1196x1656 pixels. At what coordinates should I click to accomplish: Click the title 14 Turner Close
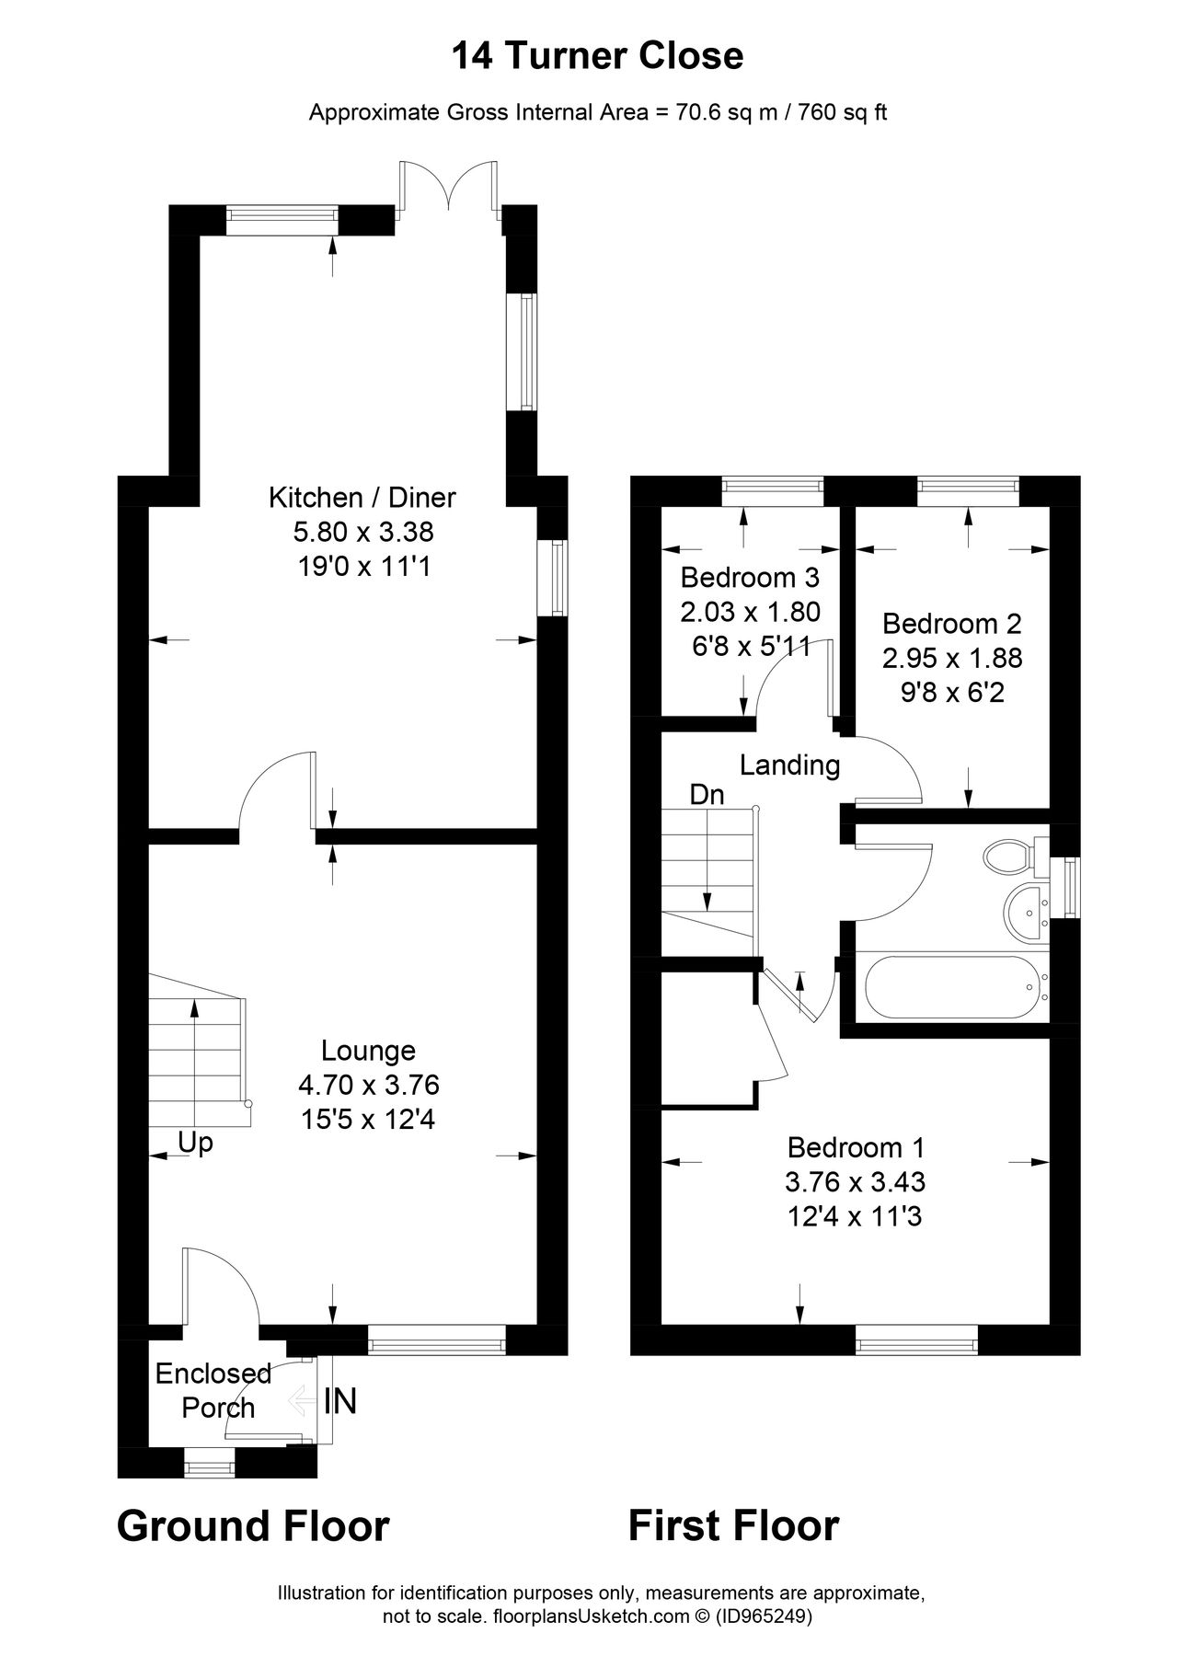pyautogui.click(x=597, y=57)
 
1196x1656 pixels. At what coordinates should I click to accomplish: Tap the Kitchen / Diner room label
pyautogui.click(x=362, y=498)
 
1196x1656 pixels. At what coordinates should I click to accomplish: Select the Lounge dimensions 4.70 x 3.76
pyautogui.click(x=368, y=1086)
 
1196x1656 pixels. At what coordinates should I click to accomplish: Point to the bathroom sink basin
pyautogui.click(x=1026, y=911)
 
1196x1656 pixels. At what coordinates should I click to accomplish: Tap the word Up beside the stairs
pyautogui.click(x=195, y=1143)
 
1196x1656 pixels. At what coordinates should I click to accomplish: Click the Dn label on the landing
pyautogui.click(x=707, y=795)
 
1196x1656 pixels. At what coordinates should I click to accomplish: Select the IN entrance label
pyautogui.click(x=339, y=1402)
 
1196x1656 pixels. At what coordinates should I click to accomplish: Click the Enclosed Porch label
pyautogui.click(x=213, y=1390)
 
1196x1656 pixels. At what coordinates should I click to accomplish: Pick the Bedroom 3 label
pyautogui.click(x=750, y=578)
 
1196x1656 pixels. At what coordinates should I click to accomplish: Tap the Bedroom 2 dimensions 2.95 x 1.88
pyautogui.click(x=952, y=658)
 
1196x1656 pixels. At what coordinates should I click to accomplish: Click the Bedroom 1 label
pyautogui.click(x=856, y=1147)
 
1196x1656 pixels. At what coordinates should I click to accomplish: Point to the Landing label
pyautogui.click(x=790, y=765)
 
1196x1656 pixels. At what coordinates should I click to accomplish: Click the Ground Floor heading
pyautogui.click(x=253, y=1525)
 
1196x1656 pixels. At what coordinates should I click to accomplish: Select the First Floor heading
pyautogui.click(x=733, y=1525)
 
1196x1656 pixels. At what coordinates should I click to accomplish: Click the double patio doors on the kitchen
pyautogui.click(x=451, y=189)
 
